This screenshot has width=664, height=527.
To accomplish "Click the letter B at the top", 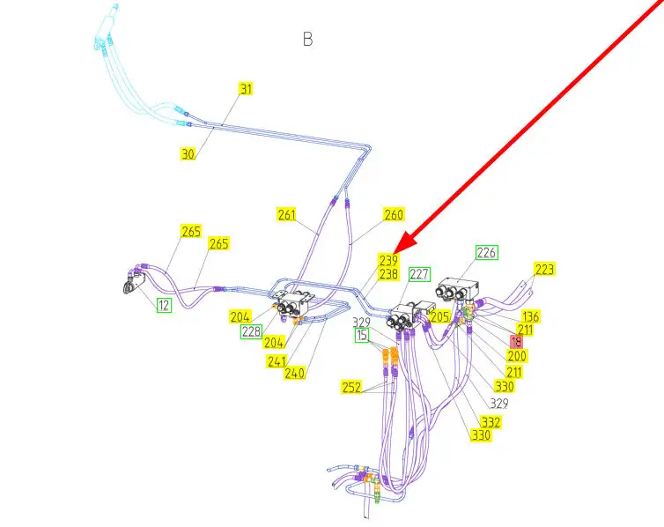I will (x=308, y=39).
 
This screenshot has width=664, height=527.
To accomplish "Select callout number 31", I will (x=246, y=89).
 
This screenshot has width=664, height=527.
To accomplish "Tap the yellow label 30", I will (x=188, y=153).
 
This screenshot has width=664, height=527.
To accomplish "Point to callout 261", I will (x=286, y=214).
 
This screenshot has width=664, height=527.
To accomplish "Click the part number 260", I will (x=393, y=214).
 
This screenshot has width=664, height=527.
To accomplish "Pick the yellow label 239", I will (x=388, y=260).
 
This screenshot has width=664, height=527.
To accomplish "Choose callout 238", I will (x=388, y=274).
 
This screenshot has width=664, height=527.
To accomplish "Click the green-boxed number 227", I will (x=419, y=274).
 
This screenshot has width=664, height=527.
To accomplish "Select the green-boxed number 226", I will (x=486, y=253).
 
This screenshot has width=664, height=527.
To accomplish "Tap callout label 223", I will (x=544, y=270).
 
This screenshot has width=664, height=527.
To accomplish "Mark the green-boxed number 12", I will (x=164, y=305).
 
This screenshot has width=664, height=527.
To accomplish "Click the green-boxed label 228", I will (x=251, y=331).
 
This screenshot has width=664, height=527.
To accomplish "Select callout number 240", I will (x=294, y=373).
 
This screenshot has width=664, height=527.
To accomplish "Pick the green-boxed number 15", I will (x=362, y=336).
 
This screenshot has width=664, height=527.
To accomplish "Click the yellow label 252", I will (x=352, y=387).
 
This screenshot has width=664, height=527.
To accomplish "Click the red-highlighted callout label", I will (x=517, y=341).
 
